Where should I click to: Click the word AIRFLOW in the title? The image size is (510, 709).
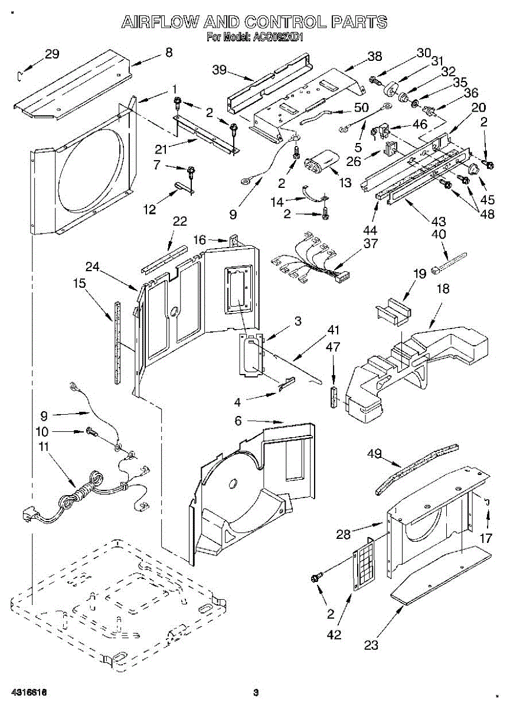[160, 23]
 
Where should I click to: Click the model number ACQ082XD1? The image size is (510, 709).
[279, 38]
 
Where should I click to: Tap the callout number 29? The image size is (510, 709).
[52, 55]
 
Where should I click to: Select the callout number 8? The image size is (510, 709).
[169, 53]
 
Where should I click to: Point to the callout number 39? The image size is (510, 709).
[220, 70]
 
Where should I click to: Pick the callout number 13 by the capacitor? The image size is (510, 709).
[345, 182]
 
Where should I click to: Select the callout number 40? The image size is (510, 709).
[439, 234]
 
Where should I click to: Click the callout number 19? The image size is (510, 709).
[419, 274]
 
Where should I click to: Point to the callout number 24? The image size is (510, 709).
[93, 266]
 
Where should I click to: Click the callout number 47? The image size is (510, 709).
[333, 347]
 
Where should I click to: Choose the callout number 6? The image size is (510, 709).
[238, 420]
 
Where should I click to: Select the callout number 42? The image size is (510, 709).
[334, 635]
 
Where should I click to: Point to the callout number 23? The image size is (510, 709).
[371, 645]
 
